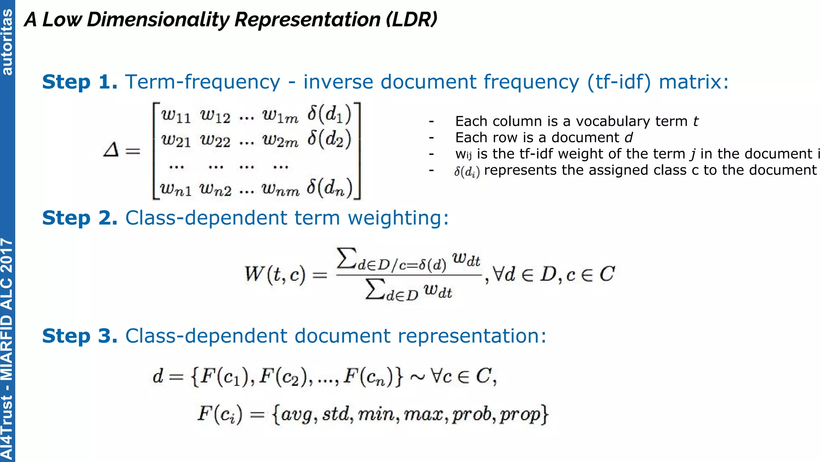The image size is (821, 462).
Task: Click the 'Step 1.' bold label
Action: (80, 82)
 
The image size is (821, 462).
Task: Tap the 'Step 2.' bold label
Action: (80, 218)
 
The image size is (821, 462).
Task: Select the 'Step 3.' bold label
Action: (80, 336)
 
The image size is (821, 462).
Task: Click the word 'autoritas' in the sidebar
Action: (7, 42)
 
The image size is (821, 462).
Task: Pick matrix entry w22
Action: (216, 140)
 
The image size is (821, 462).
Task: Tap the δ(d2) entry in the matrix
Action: (329, 139)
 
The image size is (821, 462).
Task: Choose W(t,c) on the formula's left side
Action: (275, 274)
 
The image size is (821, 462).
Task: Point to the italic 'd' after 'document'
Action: (629, 138)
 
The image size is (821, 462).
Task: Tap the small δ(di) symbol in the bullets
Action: (467, 172)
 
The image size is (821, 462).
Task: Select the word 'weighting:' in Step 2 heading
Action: (398, 218)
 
